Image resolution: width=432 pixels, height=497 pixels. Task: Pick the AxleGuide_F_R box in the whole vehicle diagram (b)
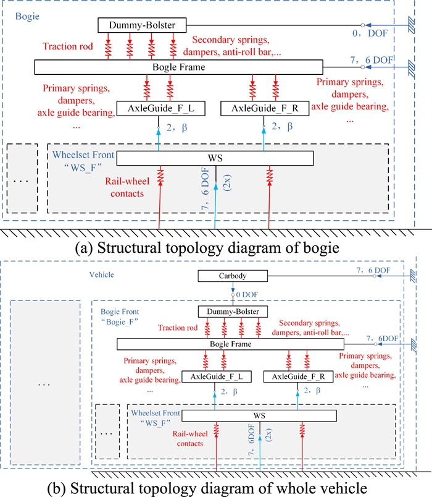point(293,376)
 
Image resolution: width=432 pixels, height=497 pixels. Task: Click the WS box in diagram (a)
point(215,158)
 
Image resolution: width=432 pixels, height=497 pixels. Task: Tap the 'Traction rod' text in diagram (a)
point(67,46)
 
